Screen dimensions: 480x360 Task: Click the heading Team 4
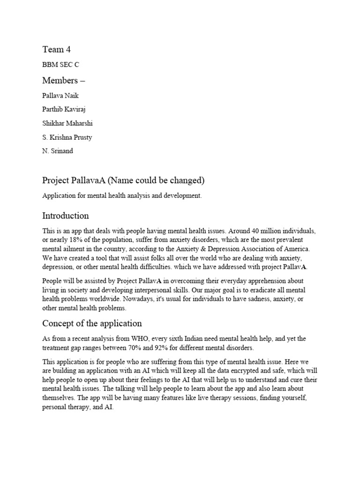(x=56, y=50)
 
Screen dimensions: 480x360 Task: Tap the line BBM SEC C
(x=60, y=65)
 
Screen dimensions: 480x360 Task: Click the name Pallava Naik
(x=60, y=96)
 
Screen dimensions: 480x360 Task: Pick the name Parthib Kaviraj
(x=65, y=110)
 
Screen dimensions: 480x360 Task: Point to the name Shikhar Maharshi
(x=67, y=124)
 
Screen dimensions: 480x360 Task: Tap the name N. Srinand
(x=58, y=152)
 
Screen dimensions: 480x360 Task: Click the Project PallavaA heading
(x=124, y=180)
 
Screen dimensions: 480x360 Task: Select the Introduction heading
(x=65, y=216)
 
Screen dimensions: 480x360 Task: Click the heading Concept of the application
(x=92, y=324)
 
